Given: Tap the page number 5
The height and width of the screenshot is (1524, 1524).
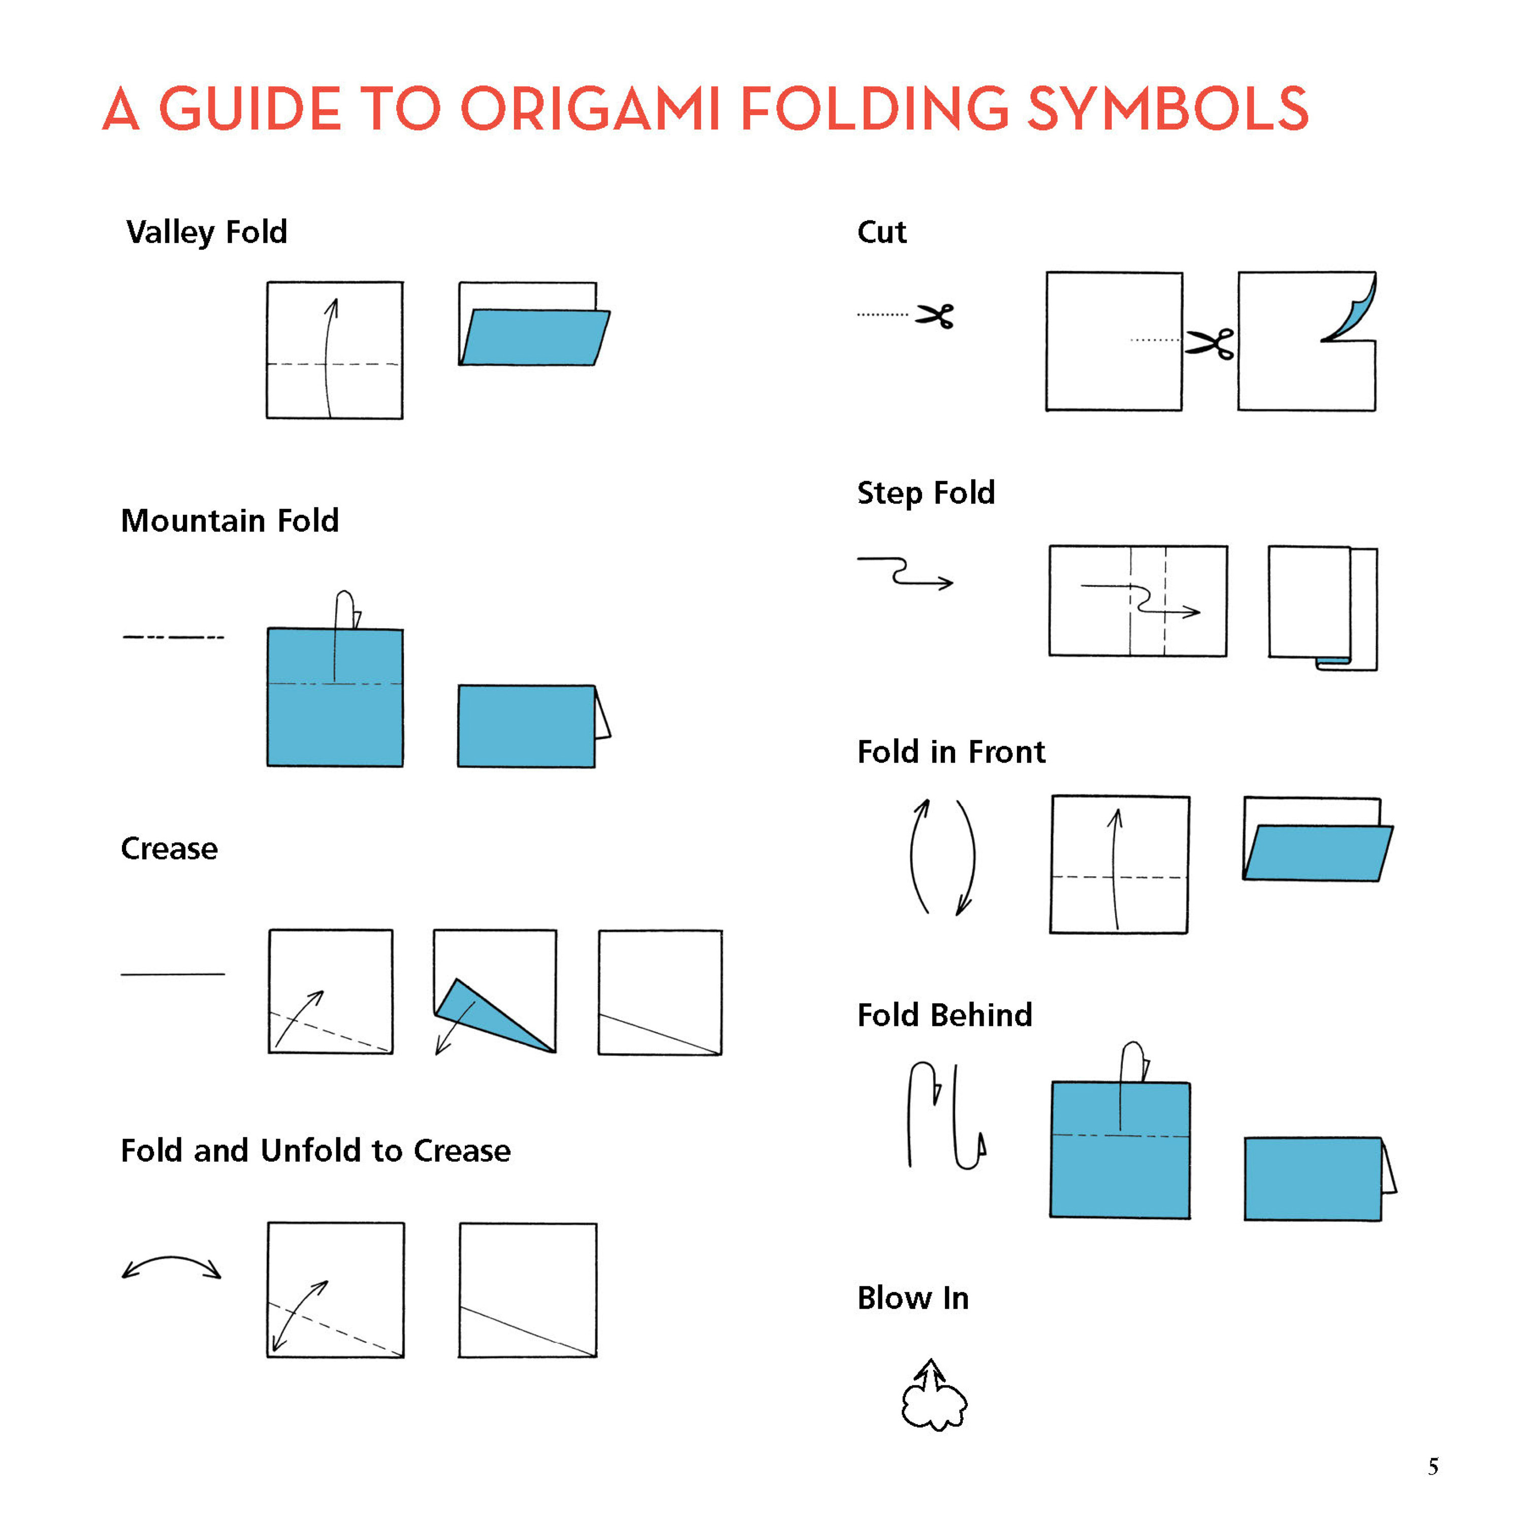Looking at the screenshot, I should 1433,1467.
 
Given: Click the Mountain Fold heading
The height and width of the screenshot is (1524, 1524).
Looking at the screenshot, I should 230,521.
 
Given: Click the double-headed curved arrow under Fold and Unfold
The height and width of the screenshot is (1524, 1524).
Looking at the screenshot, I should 171,1266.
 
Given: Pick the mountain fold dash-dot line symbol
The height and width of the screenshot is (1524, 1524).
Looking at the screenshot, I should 174,637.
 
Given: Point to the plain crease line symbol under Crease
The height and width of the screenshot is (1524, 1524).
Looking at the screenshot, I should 172,974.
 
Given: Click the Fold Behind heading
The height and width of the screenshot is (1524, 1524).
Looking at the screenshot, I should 944,1015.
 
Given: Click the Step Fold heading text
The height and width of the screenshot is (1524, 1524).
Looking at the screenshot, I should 925,492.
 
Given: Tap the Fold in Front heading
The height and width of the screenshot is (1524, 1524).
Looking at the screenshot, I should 950,752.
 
